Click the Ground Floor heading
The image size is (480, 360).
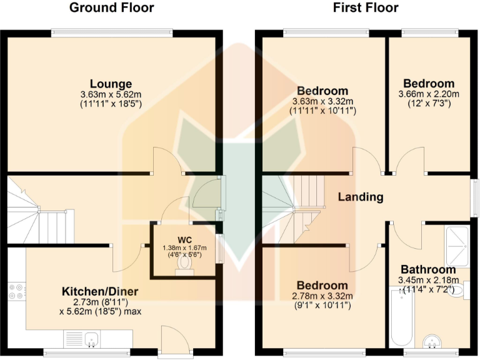point(111,8)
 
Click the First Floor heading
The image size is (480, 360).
point(366,8)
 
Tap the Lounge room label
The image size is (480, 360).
point(111,84)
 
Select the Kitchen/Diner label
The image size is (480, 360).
point(100,291)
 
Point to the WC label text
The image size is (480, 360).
point(184,239)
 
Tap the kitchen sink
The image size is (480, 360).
point(91,340)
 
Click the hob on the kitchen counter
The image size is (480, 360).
point(16,292)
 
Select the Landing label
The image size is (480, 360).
point(360,197)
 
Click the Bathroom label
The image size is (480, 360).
point(429,269)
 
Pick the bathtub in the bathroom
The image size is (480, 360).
point(400,316)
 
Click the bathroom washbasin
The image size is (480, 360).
point(432,341)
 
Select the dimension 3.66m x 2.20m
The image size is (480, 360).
point(428,94)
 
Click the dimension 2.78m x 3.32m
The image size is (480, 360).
point(322,296)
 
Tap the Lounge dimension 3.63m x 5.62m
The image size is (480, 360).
point(111,95)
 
